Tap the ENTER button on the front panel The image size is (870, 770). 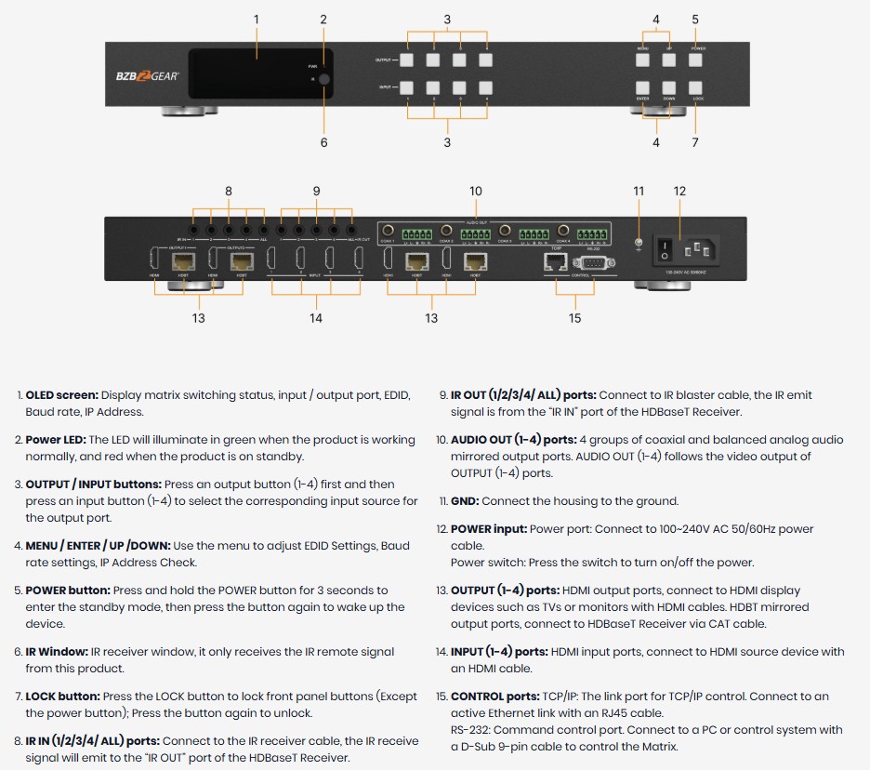pyautogui.click(x=643, y=88)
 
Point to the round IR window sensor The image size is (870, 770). pyautogui.click(x=323, y=81)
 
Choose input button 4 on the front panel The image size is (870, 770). pyautogui.click(x=485, y=88)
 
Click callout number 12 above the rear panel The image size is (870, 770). pyautogui.click(x=679, y=192)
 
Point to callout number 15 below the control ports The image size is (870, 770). pyautogui.click(x=574, y=318)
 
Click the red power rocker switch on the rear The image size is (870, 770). pyautogui.click(x=664, y=250)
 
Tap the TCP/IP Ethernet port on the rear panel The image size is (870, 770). pyautogui.click(x=554, y=263)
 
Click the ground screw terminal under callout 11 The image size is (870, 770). pyautogui.click(x=639, y=245)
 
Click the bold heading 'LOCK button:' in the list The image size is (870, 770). pyautogui.click(x=62, y=697)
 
